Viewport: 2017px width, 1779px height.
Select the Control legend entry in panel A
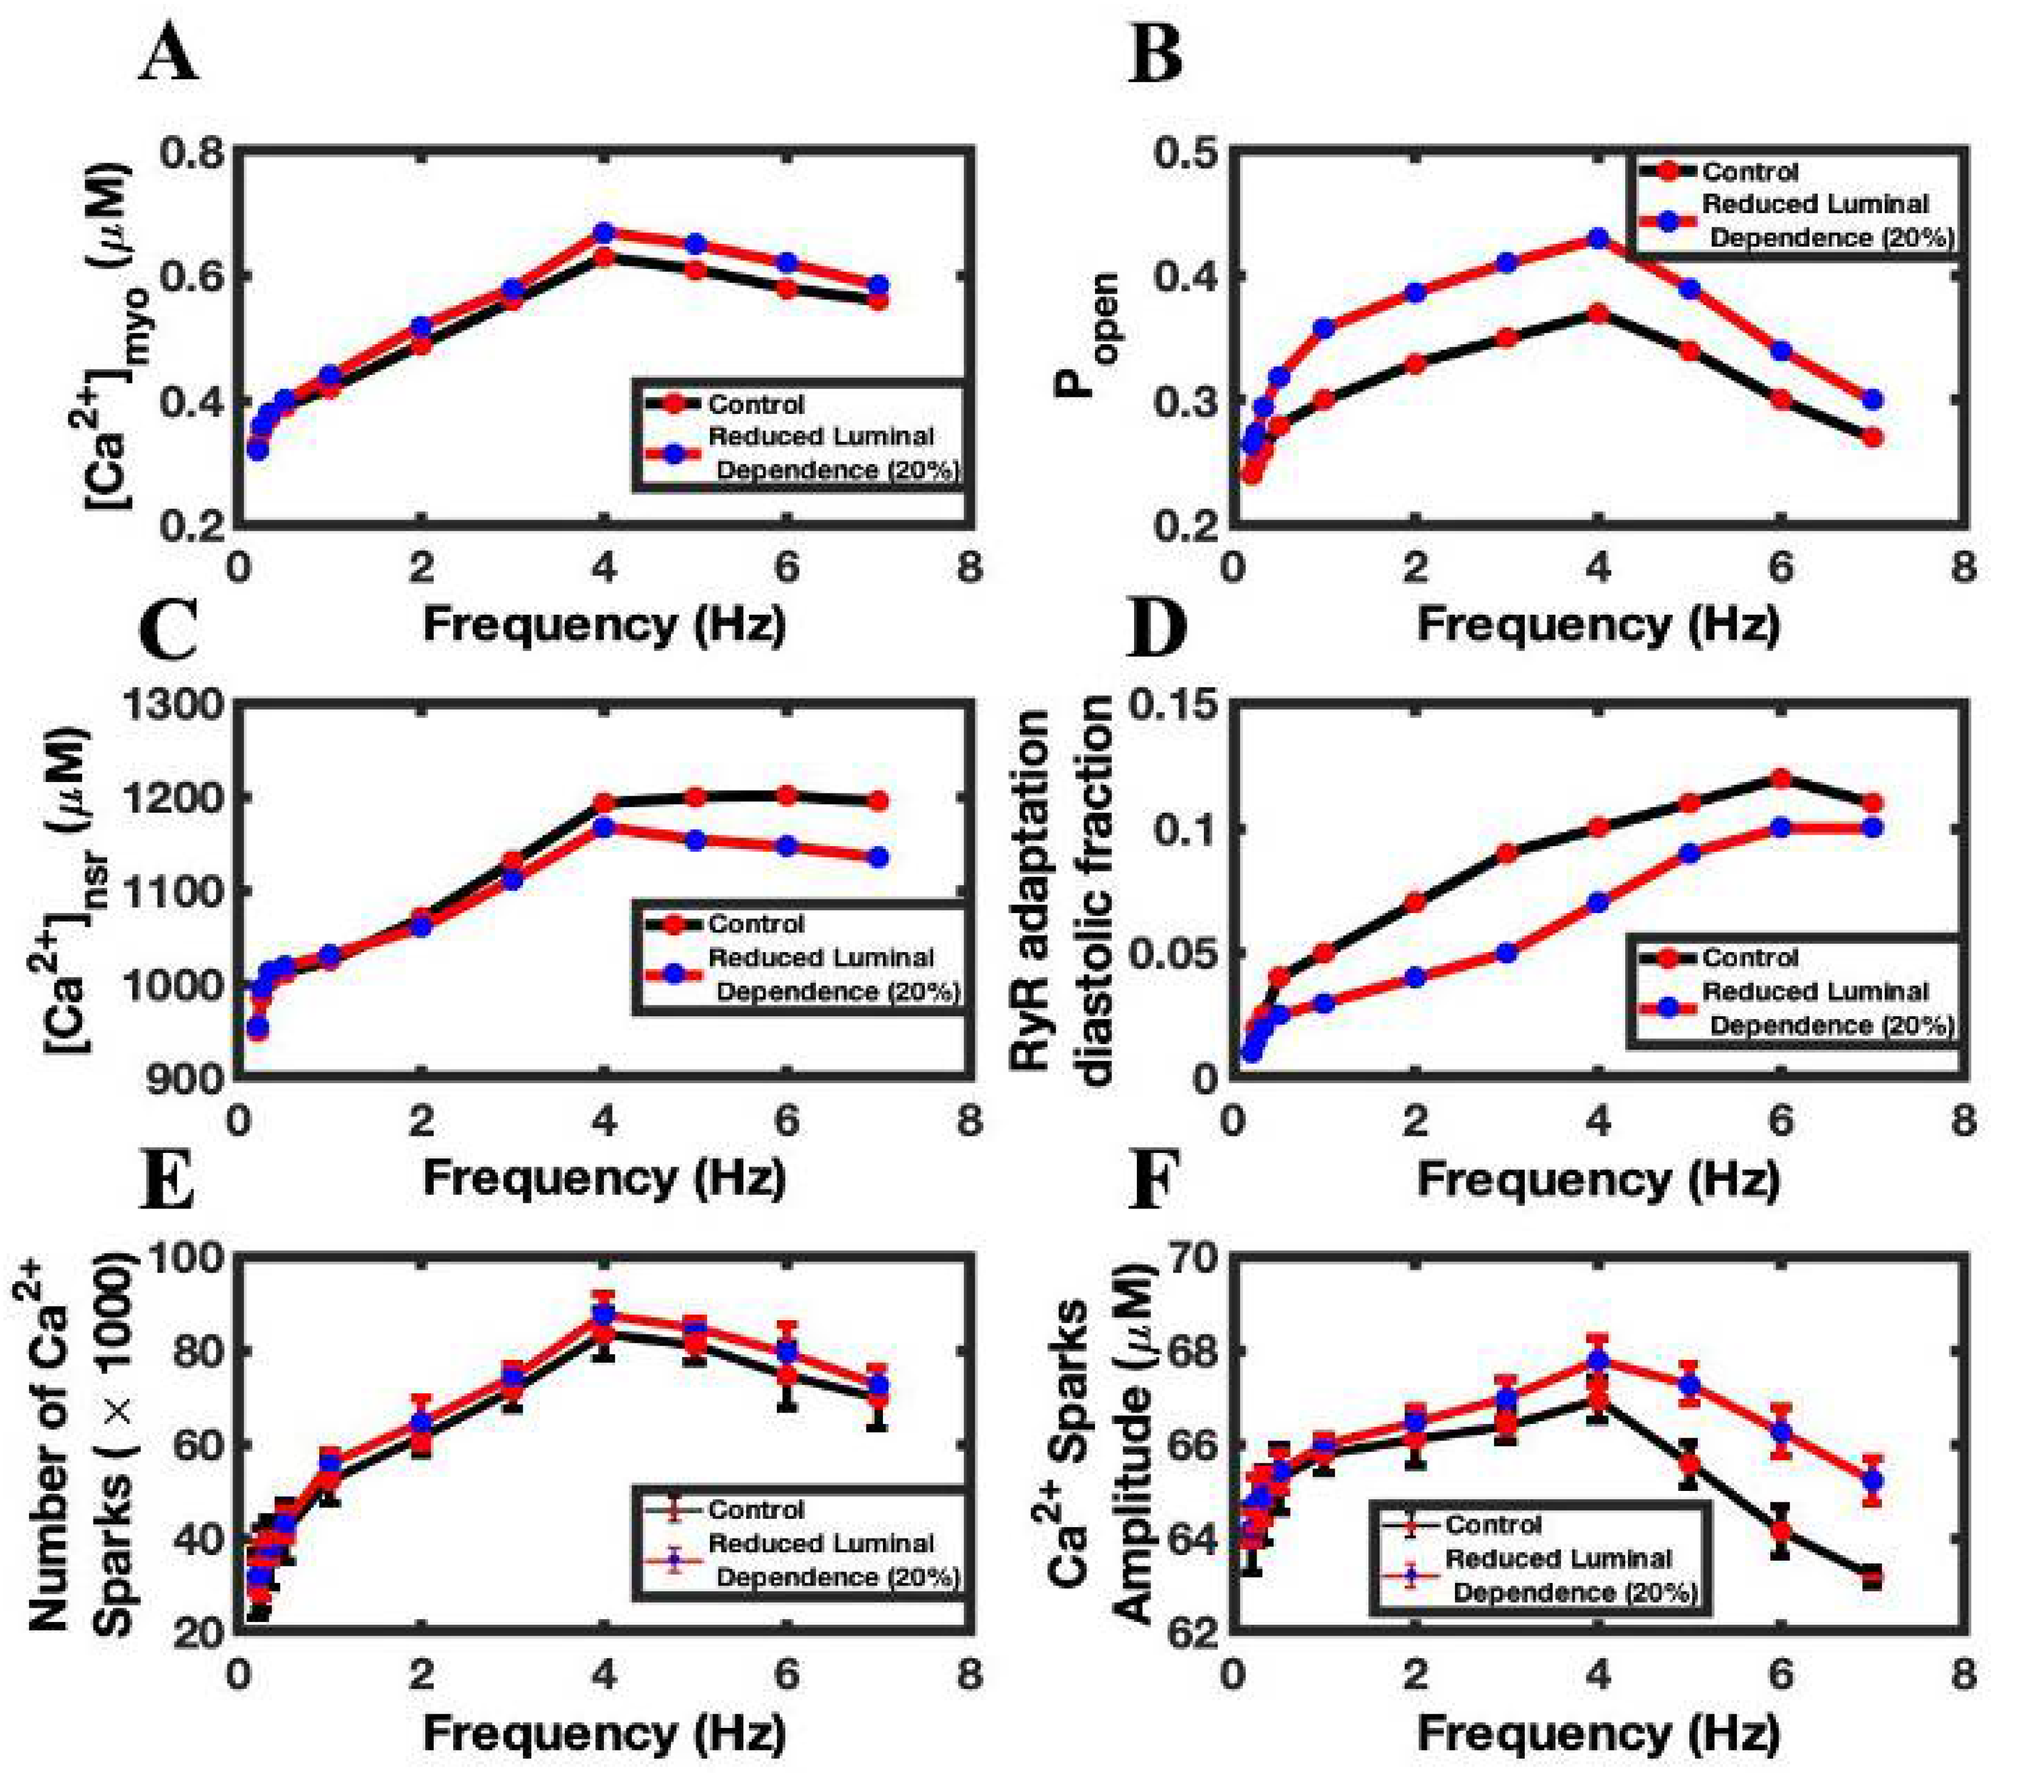[756, 404]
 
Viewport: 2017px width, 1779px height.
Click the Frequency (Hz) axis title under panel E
[604, 1731]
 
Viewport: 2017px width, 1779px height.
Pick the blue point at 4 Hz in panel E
[604, 1315]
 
